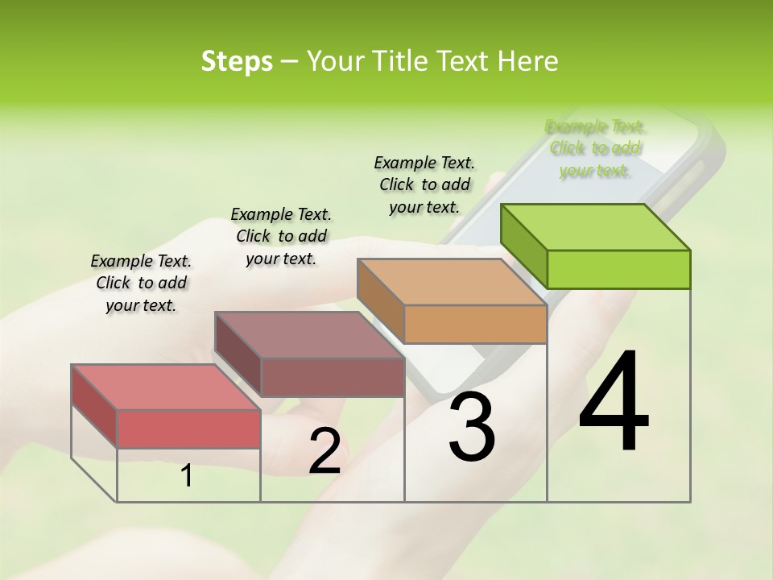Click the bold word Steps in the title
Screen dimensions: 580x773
click(237, 61)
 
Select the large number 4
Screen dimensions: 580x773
click(614, 403)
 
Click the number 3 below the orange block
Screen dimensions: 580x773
click(472, 428)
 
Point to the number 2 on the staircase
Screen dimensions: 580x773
click(325, 451)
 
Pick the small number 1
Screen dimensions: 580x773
click(187, 476)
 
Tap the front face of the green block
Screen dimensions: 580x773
click(618, 269)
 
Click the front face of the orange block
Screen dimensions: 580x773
click(475, 324)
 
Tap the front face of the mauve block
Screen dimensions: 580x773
click(333, 377)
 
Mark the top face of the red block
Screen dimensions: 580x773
click(166, 387)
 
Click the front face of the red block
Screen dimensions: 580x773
click(188, 429)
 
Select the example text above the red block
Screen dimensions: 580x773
click(141, 283)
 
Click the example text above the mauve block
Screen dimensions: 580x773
click(281, 236)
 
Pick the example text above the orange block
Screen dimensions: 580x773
click(424, 184)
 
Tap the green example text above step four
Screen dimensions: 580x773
click(595, 148)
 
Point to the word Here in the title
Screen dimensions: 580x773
click(528, 61)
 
